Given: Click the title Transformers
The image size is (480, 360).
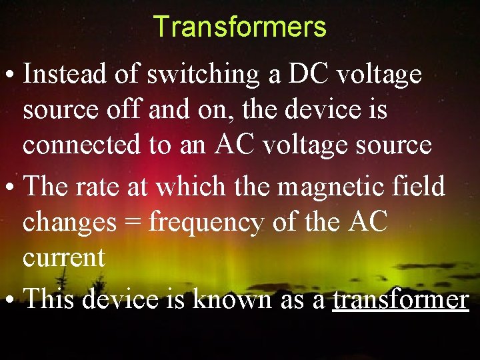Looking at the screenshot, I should (x=239, y=27).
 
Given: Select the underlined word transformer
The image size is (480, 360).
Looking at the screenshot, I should (x=401, y=300).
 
